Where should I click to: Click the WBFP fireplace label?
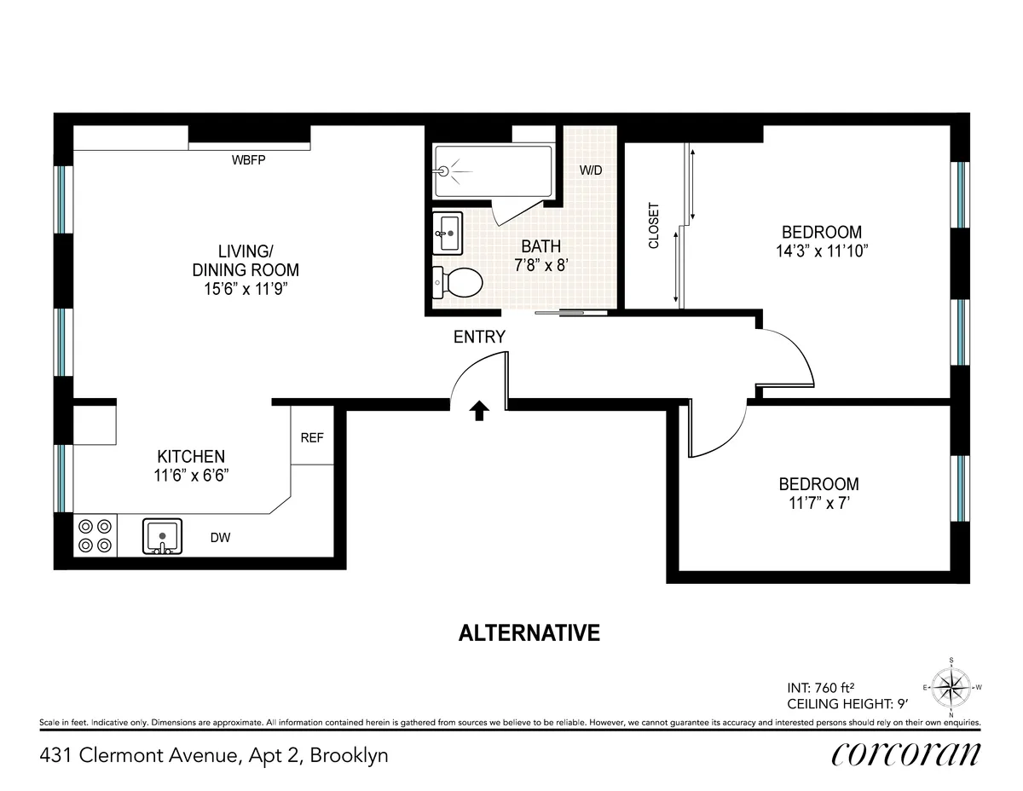[x=249, y=159]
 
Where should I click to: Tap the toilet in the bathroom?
[x=458, y=281]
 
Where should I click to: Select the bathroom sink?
[x=448, y=233]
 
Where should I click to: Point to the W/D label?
[x=591, y=170]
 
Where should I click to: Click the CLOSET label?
[x=654, y=225]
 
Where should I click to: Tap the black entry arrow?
[x=480, y=411]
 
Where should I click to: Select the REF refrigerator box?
[x=312, y=437]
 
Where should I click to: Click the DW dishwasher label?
[x=221, y=538]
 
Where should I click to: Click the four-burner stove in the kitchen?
[x=95, y=536]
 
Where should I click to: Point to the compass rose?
[x=951, y=687]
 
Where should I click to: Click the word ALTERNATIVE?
[x=529, y=633]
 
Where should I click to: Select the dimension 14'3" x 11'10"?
[x=821, y=251]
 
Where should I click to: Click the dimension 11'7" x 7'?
[x=818, y=503]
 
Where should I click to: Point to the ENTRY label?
[x=479, y=338]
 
